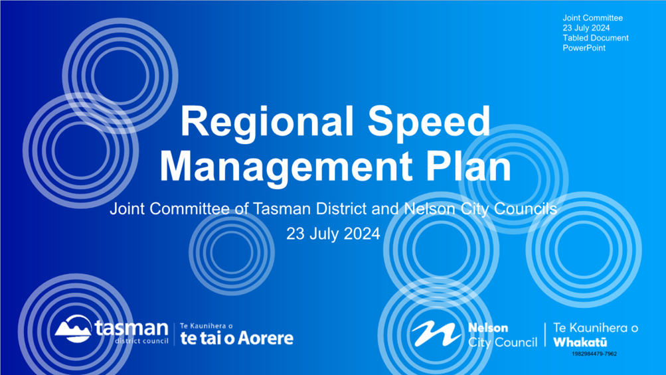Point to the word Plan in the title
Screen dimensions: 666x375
pyautogui.click(x=468, y=166)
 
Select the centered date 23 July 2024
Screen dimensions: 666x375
pyautogui.click(x=333, y=234)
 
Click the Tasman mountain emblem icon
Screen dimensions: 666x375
pyautogui.click(x=73, y=329)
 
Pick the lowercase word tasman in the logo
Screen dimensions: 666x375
pyautogui.click(x=131, y=328)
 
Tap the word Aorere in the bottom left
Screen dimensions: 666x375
pyautogui.click(x=266, y=338)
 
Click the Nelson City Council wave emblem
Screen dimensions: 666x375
pyautogui.click(x=436, y=333)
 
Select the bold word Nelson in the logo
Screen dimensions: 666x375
pyautogui.click(x=488, y=328)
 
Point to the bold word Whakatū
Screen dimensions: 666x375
pyautogui.click(x=580, y=342)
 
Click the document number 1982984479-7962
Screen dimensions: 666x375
pyautogui.click(x=594, y=354)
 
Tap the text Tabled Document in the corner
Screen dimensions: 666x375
pyautogui.click(x=596, y=38)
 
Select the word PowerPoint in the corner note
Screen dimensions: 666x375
pyautogui.click(x=584, y=48)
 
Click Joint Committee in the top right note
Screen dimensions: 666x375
pyautogui.click(x=592, y=18)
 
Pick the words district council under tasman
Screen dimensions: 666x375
pyautogui.click(x=142, y=341)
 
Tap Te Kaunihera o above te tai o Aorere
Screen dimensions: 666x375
pyautogui.click(x=207, y=326)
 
